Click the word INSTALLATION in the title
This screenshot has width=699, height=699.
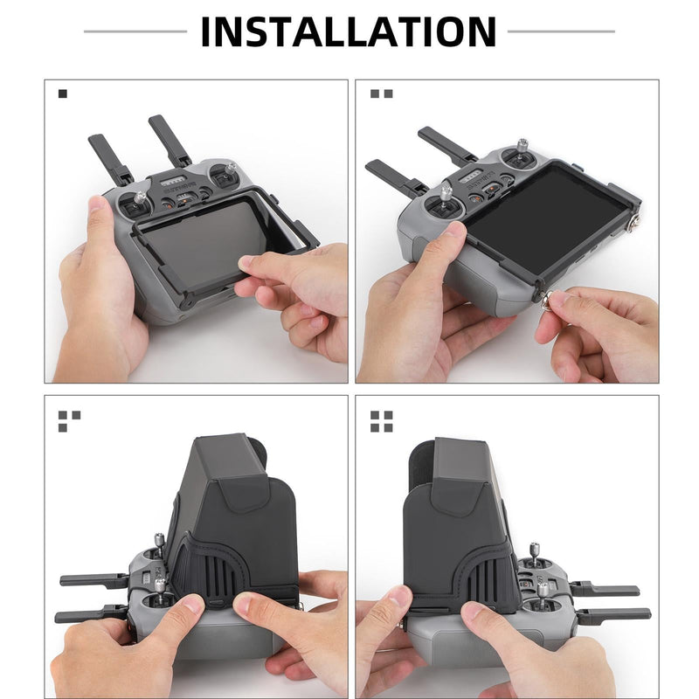tap(349, 31)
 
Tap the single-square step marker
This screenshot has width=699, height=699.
tap(62, 93)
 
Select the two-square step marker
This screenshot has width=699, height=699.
tap(381, 93)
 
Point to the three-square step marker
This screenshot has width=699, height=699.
tap(69, 421)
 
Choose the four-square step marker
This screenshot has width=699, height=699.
tap(381, 421)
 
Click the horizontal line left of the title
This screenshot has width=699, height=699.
tap(135, 31)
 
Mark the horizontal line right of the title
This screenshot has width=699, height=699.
tap(561, 31)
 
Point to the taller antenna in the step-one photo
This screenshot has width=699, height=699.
tap(170, 140)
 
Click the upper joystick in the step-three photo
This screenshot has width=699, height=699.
tap(159, 547)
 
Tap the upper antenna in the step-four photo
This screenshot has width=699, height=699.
tap(603, 592)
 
